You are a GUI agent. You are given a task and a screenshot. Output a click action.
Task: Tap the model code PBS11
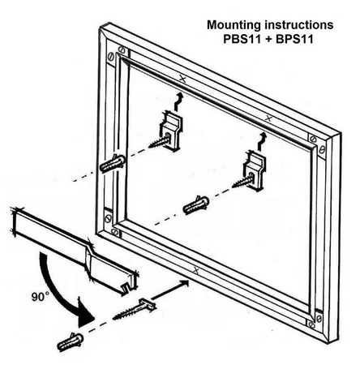[242, 39]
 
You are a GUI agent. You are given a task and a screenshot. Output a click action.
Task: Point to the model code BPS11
[294, 39]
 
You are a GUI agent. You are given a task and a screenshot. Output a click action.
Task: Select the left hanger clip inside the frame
[170, 131]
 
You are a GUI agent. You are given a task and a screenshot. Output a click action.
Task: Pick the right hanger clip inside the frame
[255, 171]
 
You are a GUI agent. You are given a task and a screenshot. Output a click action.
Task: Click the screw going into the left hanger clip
[160, 141]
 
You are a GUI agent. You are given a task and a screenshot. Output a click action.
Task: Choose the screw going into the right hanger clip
[242, 181]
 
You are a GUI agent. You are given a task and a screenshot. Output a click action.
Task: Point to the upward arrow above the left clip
[178, 101]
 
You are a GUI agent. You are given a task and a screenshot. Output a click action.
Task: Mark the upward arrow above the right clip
[262, 141]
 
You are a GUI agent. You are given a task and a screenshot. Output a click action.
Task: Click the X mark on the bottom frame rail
[196, 269]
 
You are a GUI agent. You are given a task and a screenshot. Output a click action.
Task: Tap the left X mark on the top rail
[182, 79]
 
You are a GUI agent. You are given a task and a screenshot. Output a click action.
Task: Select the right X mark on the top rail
[268, 118]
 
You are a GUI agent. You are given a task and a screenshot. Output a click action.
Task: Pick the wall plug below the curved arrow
[71, 341]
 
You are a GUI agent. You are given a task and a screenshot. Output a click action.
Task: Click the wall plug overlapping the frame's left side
[112, 163]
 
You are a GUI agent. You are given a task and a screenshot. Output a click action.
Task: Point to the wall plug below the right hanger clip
[196, 205]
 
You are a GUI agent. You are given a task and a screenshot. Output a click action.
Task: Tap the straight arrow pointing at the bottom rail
[169, 290]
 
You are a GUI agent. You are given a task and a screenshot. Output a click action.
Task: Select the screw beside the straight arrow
[134, 309]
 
